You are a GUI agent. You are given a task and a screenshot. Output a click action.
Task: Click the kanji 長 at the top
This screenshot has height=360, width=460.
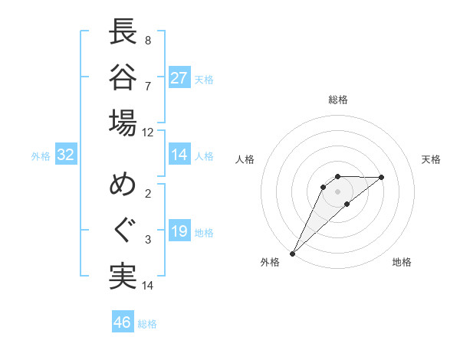123,32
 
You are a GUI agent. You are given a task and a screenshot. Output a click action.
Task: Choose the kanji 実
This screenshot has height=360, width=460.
123,277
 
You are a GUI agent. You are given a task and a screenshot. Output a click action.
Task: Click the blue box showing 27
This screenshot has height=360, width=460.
179,78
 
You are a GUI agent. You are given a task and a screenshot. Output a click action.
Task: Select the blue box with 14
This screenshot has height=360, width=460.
179,155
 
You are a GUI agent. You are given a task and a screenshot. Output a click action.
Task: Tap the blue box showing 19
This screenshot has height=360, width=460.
179,231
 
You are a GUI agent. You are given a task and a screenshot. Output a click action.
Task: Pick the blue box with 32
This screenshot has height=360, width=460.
66,155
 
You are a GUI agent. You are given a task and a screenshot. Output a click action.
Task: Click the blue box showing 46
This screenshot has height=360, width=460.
123,322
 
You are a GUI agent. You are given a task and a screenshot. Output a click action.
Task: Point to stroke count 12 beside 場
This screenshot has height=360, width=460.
147,132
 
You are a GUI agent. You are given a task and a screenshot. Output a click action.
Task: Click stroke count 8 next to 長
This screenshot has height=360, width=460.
147,40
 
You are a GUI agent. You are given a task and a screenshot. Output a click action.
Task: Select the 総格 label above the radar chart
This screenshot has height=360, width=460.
337,100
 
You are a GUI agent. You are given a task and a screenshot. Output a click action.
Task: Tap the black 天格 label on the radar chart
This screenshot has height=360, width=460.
432,159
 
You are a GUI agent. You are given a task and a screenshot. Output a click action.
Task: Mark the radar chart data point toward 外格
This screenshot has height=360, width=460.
292,253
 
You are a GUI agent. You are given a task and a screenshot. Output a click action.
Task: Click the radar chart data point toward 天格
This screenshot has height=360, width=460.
382,177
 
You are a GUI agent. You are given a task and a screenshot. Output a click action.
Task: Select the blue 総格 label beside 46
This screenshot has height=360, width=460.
147,324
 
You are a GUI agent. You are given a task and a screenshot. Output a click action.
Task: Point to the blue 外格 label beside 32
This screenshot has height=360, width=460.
41,156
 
